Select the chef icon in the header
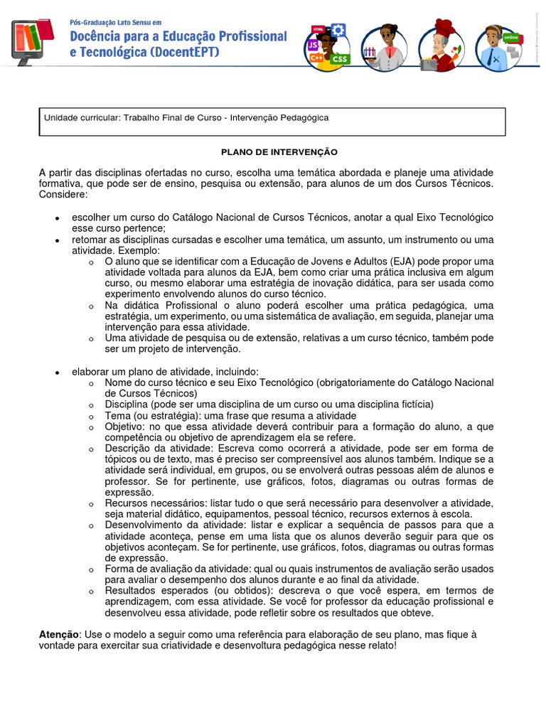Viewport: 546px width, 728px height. click(440, 46)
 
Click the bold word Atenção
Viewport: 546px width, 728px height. click(59, 633)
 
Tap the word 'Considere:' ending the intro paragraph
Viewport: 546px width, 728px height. click(63, 194)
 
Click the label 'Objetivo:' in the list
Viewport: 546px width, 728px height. click(125, 427)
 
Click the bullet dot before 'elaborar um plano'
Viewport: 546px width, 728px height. click(58, 372)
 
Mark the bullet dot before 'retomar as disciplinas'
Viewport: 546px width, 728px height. click(58, 241)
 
